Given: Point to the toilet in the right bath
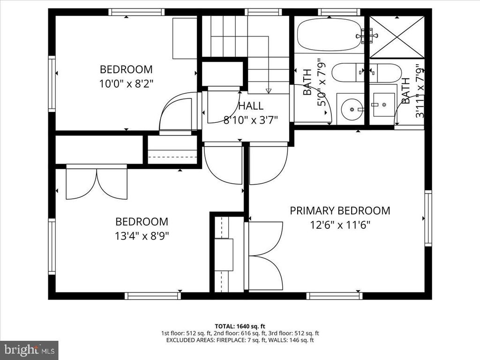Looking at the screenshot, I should coord(385,73).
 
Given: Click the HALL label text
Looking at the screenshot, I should coord(250,106).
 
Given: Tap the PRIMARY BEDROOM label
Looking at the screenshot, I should coord(339,210).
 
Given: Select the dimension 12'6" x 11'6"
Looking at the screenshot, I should coord(340,225).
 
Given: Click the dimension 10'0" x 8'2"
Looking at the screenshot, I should coord(126,83).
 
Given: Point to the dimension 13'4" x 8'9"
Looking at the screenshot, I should coord(142,235).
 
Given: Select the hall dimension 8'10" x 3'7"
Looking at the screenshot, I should coord(250,120).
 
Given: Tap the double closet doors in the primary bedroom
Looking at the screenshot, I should coord(265,256).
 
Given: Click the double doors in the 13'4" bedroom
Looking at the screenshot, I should coord(97,183).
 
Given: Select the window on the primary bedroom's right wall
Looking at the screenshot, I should coord(428,218).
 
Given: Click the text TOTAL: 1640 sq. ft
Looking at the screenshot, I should coord(240,326).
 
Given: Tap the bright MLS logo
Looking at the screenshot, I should coord(29,350).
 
